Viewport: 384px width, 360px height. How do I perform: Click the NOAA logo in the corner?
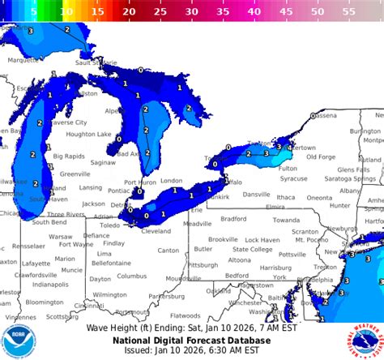pos(18,341)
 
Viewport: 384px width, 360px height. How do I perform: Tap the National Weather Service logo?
pos(366,341)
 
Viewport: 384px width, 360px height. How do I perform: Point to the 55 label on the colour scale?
pos(348,13)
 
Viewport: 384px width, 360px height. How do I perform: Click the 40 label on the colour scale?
pos(254,13)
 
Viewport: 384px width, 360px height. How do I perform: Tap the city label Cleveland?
pos(156,231)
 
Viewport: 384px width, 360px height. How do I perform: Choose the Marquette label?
pos(23,59)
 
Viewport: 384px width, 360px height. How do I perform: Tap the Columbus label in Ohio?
pos(131,276)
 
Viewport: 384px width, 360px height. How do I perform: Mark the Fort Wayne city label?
pos(76,244)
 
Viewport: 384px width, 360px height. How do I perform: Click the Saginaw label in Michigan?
pos(103,162)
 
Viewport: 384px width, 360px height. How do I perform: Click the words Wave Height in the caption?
pos(114,328)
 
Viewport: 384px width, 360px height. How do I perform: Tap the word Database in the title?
pos(267,340)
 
